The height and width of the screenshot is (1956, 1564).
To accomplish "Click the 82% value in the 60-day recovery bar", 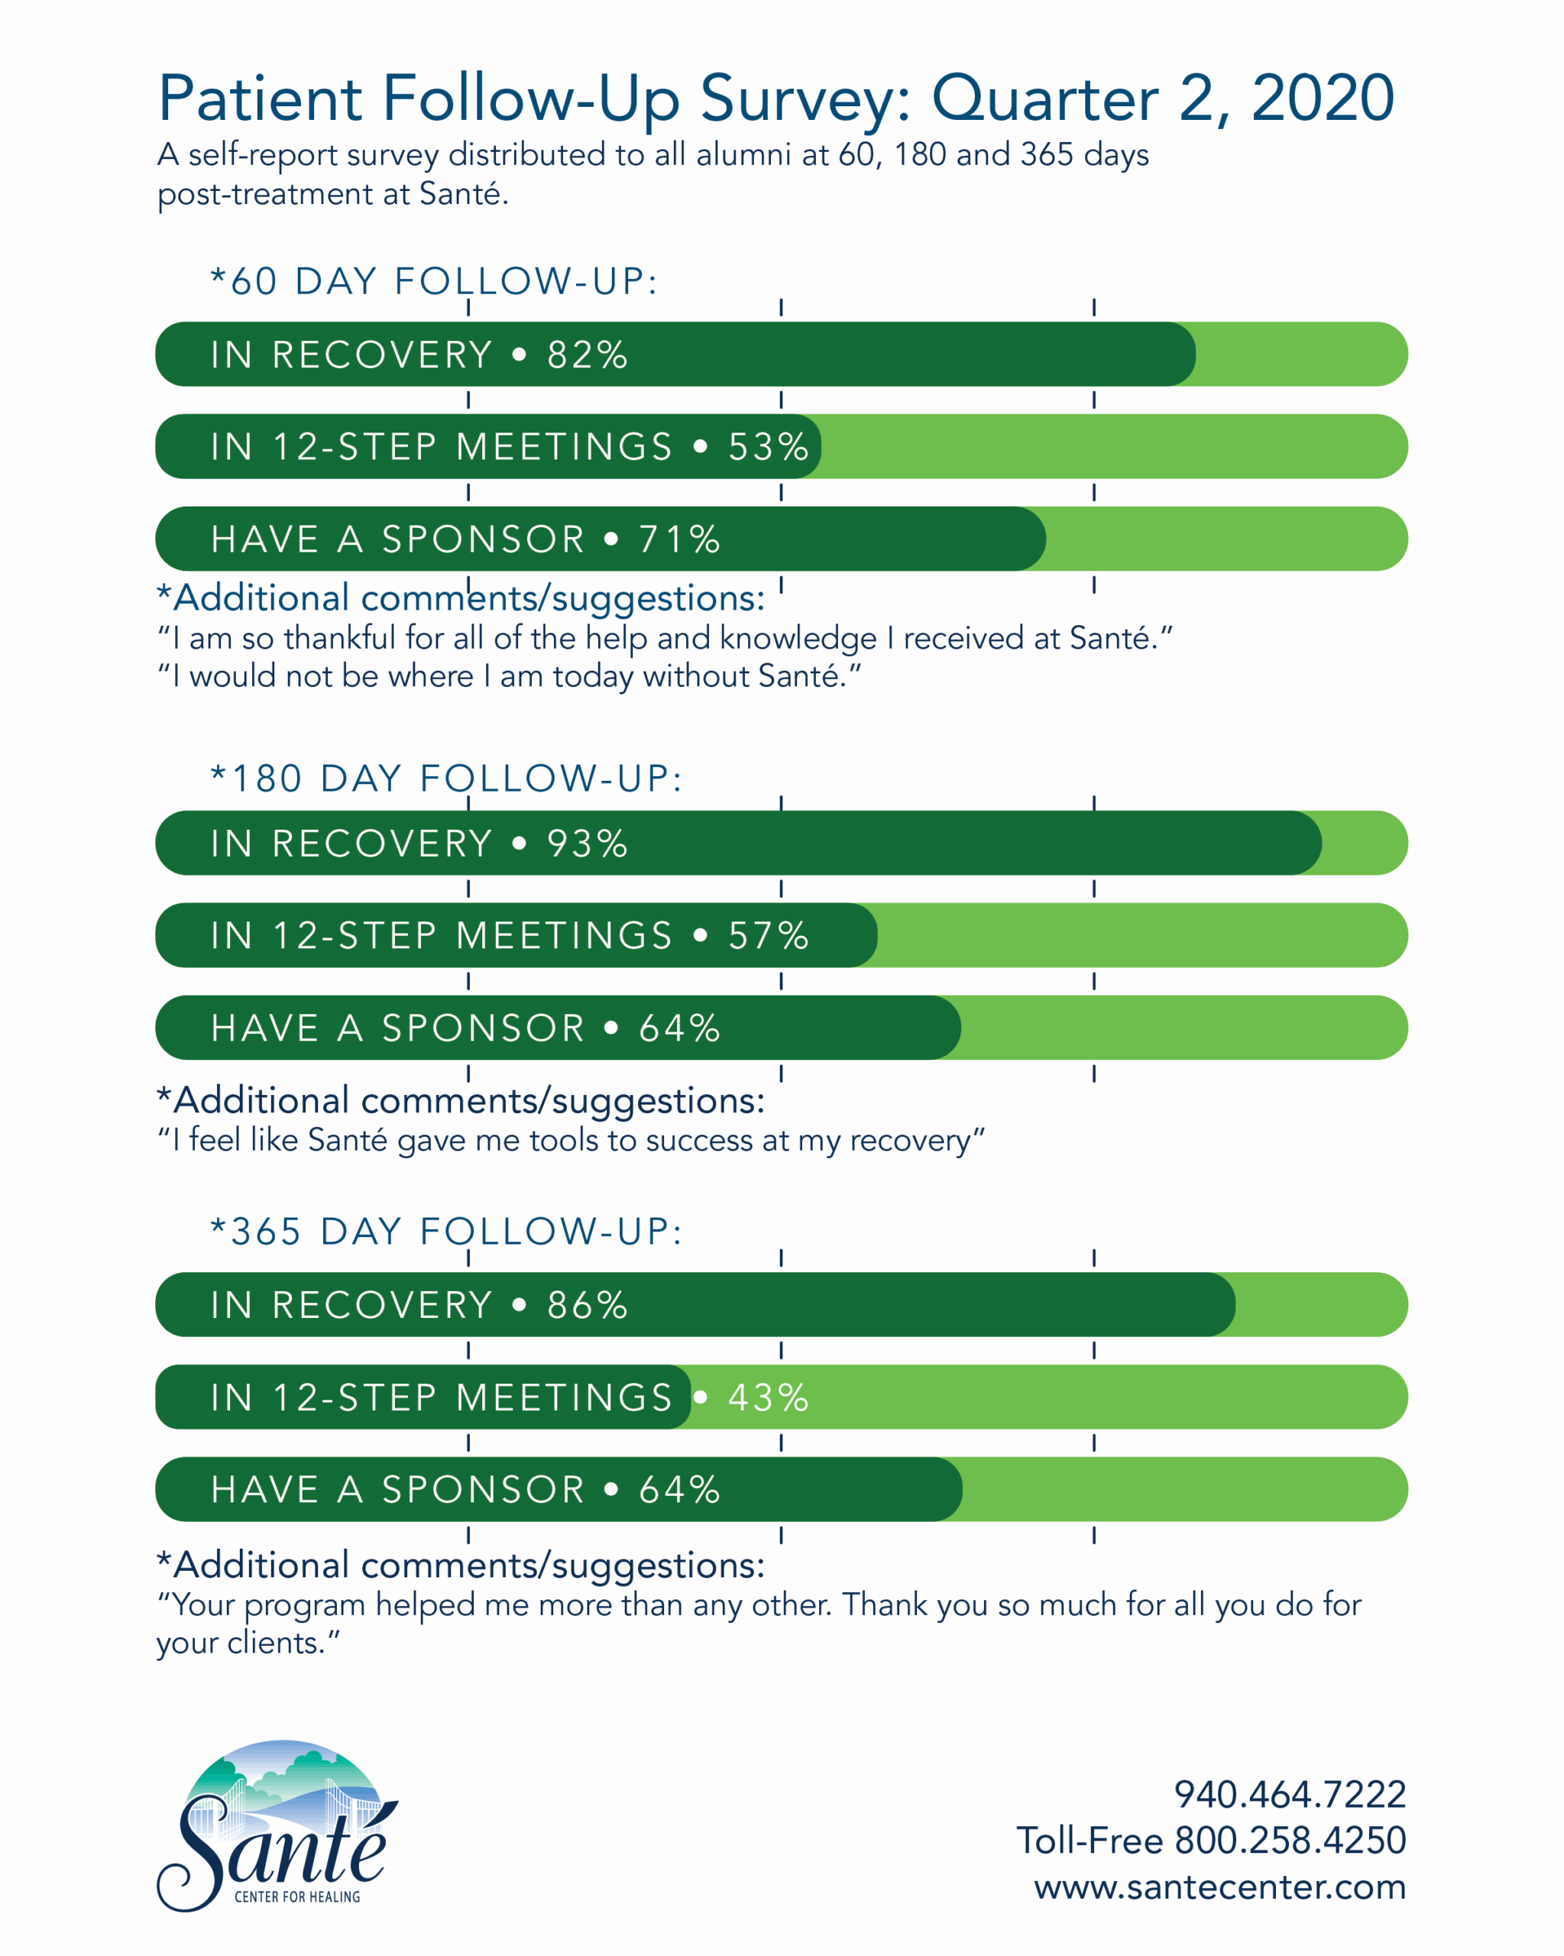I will [586, 355].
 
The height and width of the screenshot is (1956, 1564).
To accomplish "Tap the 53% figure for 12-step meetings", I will [768, 446].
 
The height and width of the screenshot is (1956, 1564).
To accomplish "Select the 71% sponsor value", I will [678, 539].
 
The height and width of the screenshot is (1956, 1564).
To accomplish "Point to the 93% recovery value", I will [586, 844].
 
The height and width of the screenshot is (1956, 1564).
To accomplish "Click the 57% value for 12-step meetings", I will [768, 935].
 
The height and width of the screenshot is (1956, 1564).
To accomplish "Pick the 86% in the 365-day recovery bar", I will [586, 1306].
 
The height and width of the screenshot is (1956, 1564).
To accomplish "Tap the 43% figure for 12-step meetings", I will [768, 1397].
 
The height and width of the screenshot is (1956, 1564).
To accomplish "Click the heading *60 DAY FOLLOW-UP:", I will [434, 281].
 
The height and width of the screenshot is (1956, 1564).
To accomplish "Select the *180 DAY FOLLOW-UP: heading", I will [446, 779].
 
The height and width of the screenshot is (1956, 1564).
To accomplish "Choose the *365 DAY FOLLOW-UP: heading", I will [446, 1231].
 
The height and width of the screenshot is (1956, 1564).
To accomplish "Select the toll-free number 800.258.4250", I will [1289, 1840].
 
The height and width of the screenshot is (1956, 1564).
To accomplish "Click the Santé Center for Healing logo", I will [277, 1824].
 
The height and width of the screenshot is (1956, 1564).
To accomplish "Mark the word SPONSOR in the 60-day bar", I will [483, 539].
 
